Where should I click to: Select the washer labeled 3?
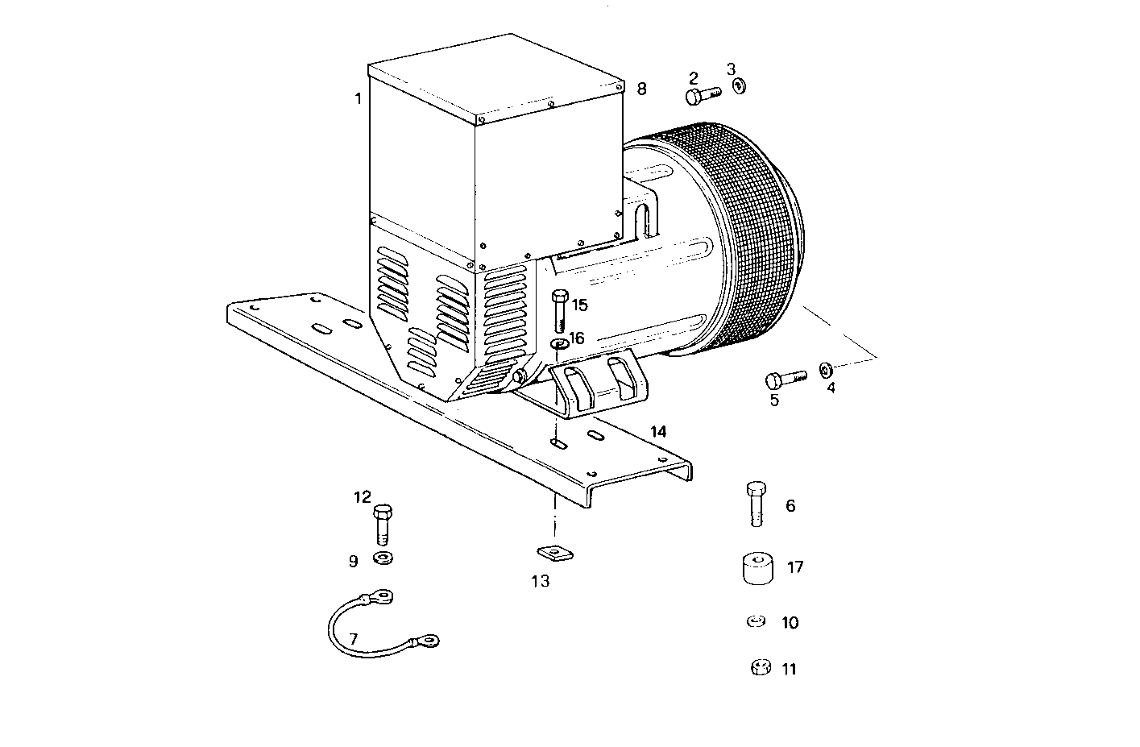tap(739, 85)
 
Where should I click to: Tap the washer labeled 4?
tap(827, 370)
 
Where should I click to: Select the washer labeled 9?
tap(383, 558)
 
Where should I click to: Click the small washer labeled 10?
tap(756, 621)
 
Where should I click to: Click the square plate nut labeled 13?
tap(553, 553)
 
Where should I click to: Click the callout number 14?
tap(658, 432)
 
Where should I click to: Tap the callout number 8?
tap(641, 89)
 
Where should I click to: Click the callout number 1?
tap(357, 99)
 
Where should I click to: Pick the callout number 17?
tap(795, 567)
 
